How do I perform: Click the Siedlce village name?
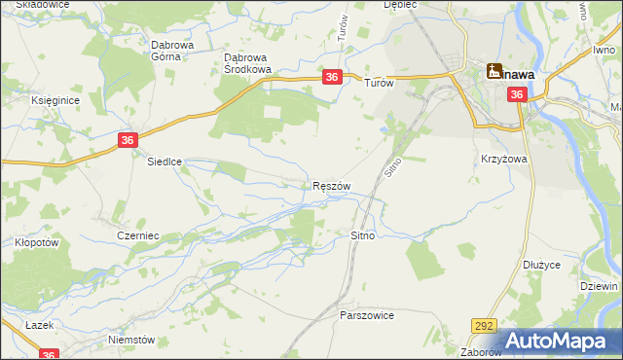point(165,162)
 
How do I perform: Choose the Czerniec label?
point(137,236)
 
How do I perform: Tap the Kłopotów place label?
point(30,242)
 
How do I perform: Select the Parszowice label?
point(366,316)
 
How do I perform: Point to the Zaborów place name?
point(480,352)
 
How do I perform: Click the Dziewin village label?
point(599,286)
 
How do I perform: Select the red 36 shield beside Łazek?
point(51,354)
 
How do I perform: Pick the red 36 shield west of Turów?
point(332,77)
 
